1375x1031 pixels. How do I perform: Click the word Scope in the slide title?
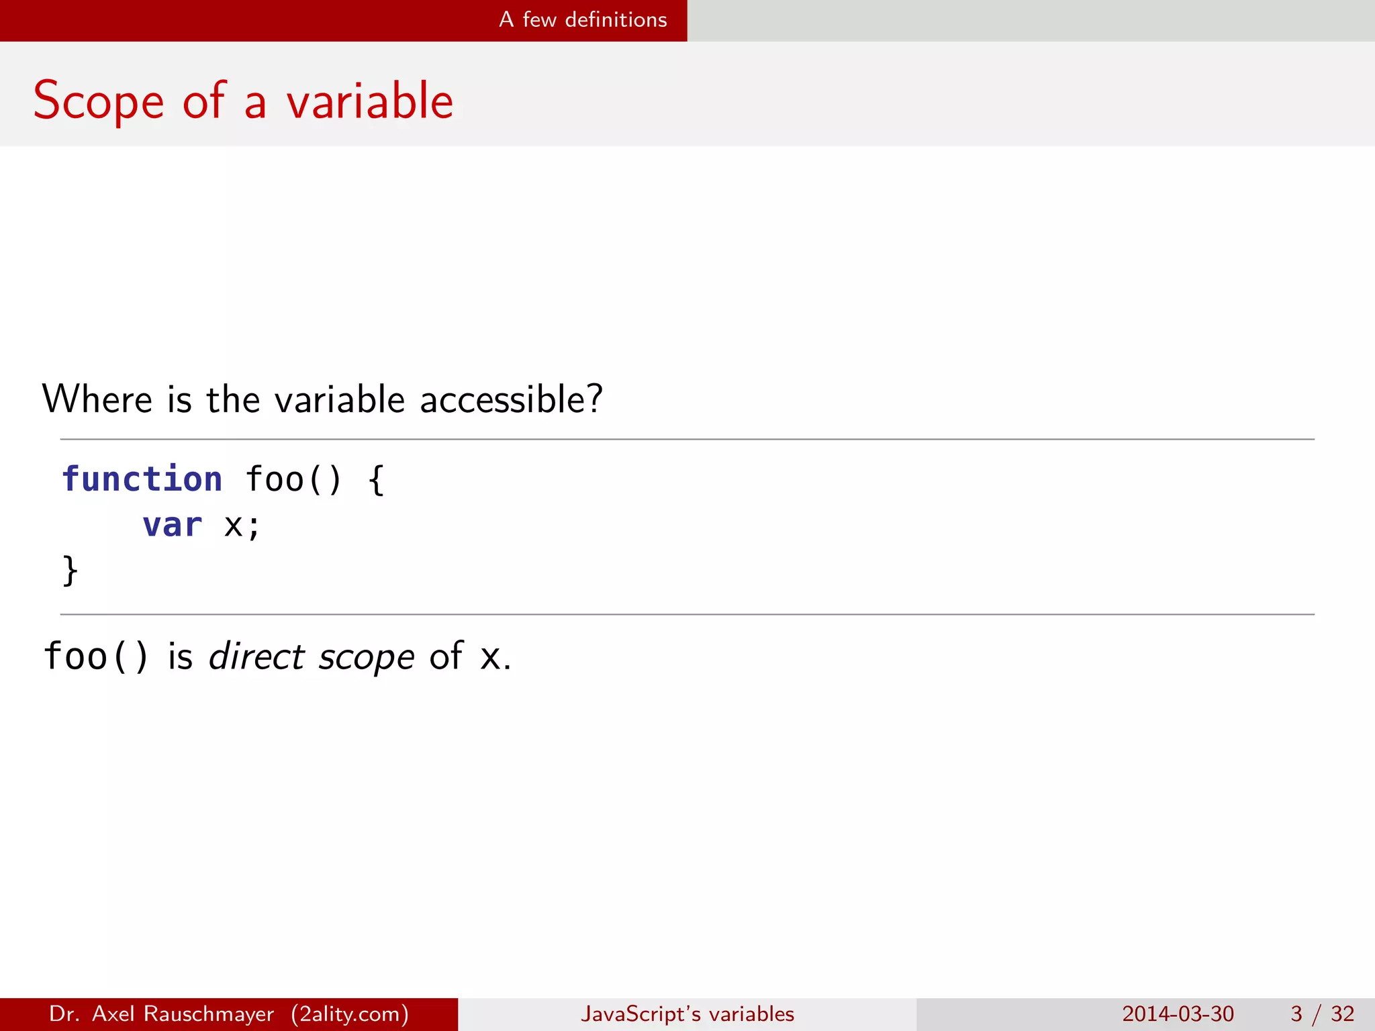pyautogui.click(x=98, y=101)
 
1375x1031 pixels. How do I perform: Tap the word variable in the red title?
pyautogui.click(x=370, y=101)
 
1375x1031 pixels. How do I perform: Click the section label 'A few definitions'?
pyautogui.click(x=583, y=20)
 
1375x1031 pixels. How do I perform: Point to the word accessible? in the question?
pyautogui.click(x=511, y=400)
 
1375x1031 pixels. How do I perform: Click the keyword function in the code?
pyautogui.click(x=142, y=479)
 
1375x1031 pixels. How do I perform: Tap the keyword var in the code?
pyautogui.click(x=172, y=525)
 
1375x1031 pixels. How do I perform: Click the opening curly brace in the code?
pyautogui.click(x=377, y=479)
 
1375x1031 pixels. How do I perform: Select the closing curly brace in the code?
pyautogui.click(x=70, y=571)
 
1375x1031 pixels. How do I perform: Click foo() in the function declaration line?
pyautogui.click(x=293, y=479)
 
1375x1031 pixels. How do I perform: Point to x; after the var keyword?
pyautogui.click(x=242, y=525)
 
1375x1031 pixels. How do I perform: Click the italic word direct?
pyautogui.click(x=256, y=656)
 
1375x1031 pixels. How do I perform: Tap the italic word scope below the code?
pyautogui.click(x=367, y=657)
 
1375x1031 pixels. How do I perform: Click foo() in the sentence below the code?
pyautogui.click(x=95, y=656)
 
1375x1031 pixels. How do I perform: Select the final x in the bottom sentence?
pyautogui.click(x=491, y=657)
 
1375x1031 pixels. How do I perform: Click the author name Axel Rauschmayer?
pyautogui.click(x=183, y=1014)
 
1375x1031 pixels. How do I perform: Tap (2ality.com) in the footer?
pyautogui.click(x=350, y=1014)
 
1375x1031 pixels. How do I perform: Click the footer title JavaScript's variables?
pyautogui.click(x=687, y=1014)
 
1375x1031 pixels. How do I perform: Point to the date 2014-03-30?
pyautogui.click(x=1178, y=1014)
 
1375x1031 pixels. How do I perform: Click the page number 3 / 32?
pyautogui.click(x=1322, y=1014)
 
